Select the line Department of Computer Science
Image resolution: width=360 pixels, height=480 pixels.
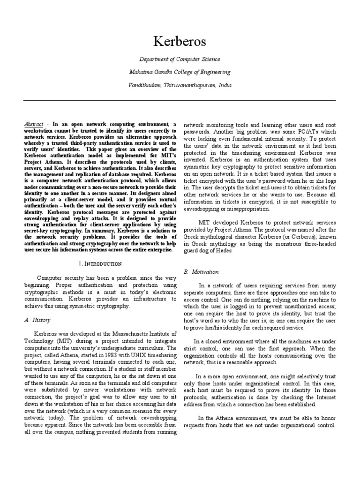point(180,59)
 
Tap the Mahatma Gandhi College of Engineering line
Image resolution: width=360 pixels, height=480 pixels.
point(180,72)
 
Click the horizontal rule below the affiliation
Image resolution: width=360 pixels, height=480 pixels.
point(180,100)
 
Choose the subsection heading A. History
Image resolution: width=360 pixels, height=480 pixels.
point(33,320)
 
